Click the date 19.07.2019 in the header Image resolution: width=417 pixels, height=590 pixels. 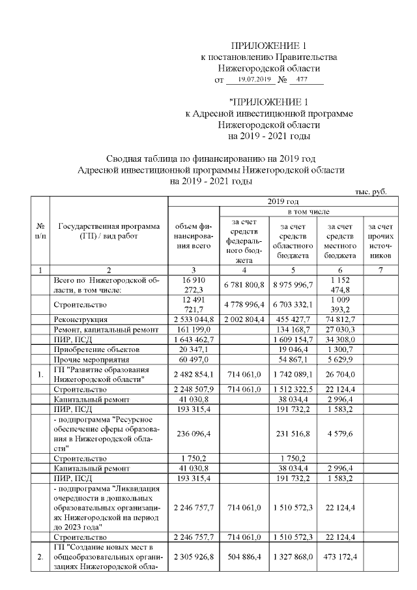(254, 80)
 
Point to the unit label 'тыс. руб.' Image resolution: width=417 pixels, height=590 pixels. (371, 192)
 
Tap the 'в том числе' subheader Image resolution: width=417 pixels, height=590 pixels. (309, 212)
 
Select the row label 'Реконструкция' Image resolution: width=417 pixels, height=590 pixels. (81, 319)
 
